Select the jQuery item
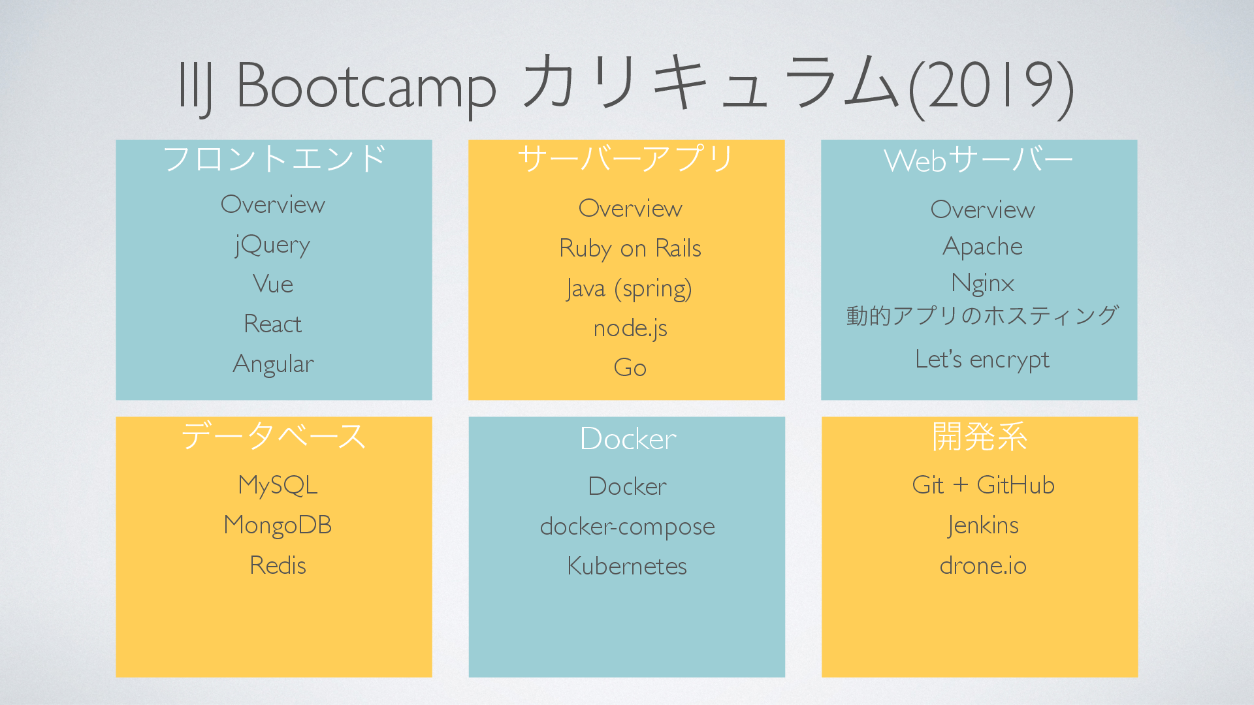273,245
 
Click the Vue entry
273,284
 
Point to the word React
273,324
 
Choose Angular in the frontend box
273,364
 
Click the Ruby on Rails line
630,249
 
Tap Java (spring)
629,289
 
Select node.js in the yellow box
630,328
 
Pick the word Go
630,368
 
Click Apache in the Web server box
982,247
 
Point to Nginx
982,283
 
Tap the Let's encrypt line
982,360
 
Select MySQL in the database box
278,485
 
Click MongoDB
278,525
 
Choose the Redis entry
278,565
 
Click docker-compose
627,526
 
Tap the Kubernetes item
627,566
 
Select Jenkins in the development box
983,525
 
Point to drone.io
983,565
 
